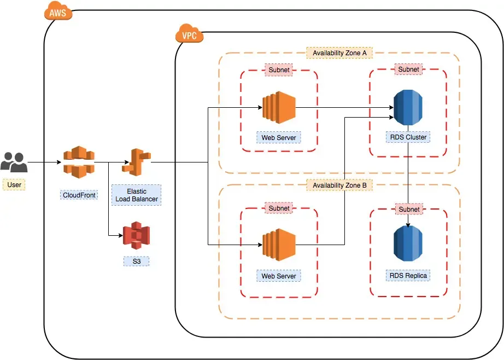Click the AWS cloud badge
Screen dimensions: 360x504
pos(58,13)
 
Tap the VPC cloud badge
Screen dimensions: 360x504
pos(189,36)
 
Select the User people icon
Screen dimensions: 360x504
pos(14,162)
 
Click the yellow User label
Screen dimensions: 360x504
pos(14,185)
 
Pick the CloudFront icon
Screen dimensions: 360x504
pos(79,162)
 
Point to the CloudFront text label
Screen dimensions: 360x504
pos(79,195)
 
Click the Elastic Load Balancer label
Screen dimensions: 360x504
pos(137,195)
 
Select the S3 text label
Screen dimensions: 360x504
pos(136,262)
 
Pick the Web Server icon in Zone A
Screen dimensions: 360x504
pos(279,107)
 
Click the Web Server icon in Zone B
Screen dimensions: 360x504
pos(279,245)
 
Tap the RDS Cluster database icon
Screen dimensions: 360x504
pos(408,107)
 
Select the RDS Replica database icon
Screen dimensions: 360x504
pos(408,245)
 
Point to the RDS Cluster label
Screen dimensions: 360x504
pos(408,137)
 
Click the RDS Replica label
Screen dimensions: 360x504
pos(409,275)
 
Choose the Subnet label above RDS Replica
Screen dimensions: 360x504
pos(409,209)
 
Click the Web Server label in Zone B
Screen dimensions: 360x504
pos(279,276)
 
